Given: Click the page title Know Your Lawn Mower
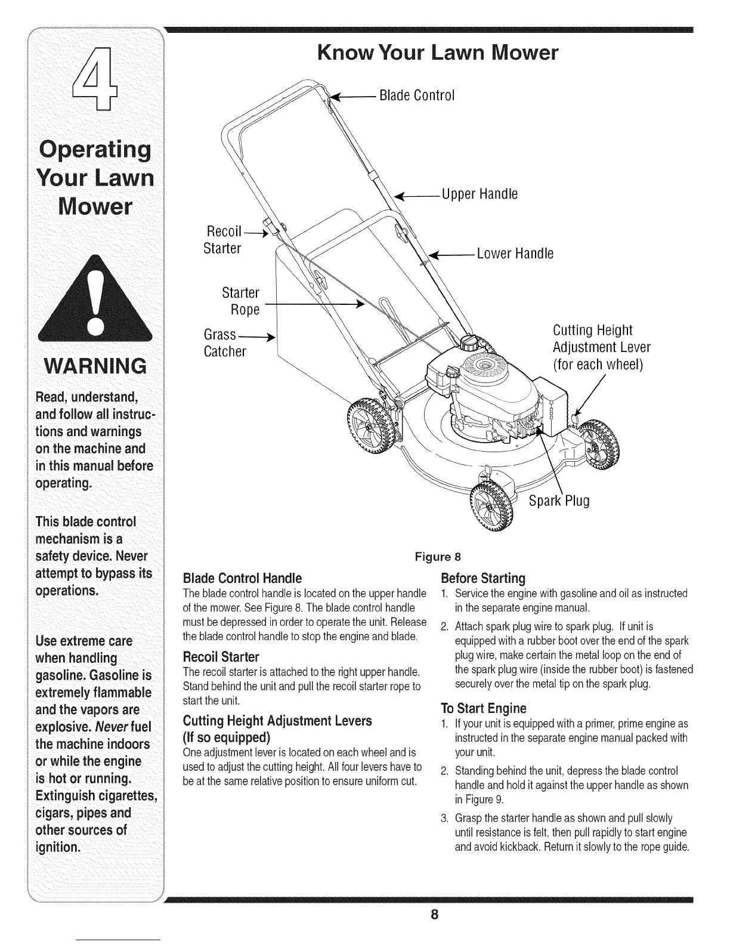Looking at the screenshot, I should tap(438, 54).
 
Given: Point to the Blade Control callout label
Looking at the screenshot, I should tap(417, 95).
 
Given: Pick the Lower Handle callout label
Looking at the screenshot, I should tap(515, 254).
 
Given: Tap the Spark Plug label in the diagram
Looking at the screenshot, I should tap(559, 501).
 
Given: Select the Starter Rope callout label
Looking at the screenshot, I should tap(241, 301).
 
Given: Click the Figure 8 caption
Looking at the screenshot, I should tap(438, 558).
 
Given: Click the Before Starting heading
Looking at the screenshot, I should tap(482, 578).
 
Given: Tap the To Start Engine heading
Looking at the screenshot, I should tap(483, 708).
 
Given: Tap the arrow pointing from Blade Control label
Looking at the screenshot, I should tap(352, 95).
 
